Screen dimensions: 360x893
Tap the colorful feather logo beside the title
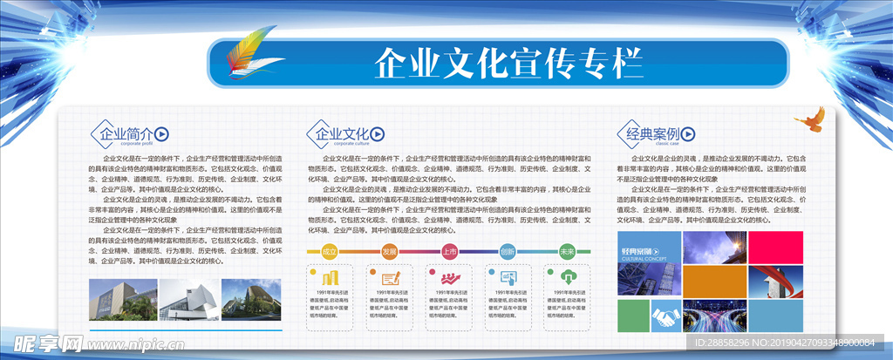coord(248,51)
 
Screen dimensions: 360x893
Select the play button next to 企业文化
coord(377,134)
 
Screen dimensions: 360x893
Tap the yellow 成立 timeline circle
coord(330,251)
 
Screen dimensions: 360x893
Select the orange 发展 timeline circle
coord(389,251)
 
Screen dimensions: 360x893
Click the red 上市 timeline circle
coord(449,251)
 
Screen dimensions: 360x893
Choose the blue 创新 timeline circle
coord(508,251)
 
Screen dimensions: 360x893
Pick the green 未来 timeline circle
coord(568,251)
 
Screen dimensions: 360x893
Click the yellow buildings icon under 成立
coord(331,276)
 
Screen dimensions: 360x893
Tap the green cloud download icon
coord(569,276)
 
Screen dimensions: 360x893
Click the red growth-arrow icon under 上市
coord(450,276)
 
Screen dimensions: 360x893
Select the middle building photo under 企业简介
coord(189,300)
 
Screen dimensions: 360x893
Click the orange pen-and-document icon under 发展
coord(391,276)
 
